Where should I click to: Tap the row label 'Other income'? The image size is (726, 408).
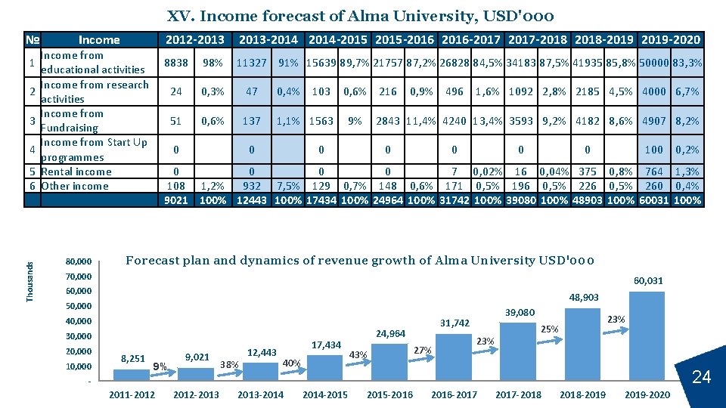pos(75,186)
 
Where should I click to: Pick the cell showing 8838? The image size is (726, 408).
pos(175,63)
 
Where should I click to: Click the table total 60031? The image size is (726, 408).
pos(653,200)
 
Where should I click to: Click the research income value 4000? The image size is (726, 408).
pos(653,92)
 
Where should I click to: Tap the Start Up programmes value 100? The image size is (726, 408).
pos(653,150)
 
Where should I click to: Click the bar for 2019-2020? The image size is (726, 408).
pos(647,336)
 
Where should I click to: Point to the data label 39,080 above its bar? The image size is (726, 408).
pos(520,312)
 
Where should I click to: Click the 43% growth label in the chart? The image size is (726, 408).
pos(358,354)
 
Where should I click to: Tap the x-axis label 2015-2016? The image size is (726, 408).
pos(389,395)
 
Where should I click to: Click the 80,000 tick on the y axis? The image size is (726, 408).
pos(79,261)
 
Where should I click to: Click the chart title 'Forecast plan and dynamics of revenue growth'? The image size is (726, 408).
pos(359,261)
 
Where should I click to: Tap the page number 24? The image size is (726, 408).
pos(702,377)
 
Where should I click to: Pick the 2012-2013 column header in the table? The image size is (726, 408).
pos(195,40)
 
